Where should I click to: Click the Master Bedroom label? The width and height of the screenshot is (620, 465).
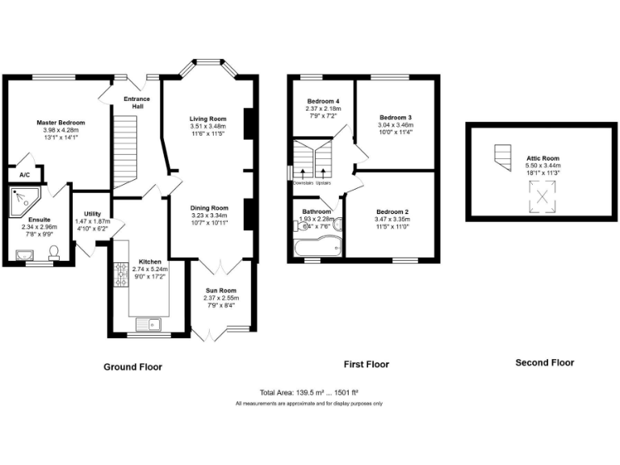coord(61,123)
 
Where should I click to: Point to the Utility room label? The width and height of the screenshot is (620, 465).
coord(92,214)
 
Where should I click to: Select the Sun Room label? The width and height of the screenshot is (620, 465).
coord(220,290)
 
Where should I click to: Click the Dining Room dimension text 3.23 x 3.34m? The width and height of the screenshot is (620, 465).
coord(209,215)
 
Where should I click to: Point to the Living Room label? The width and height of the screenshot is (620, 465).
coord(208,119)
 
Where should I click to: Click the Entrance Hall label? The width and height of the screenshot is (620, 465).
coord(136,103)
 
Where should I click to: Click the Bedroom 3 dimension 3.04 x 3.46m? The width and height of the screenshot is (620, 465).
coord(396,125)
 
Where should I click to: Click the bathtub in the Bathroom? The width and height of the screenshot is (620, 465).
coord(316,247)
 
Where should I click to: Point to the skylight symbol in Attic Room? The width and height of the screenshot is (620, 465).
coord(542,196)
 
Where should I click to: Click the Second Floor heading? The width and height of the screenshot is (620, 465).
coord(544,362)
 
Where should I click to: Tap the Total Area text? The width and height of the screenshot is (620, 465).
coord(309,391)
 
